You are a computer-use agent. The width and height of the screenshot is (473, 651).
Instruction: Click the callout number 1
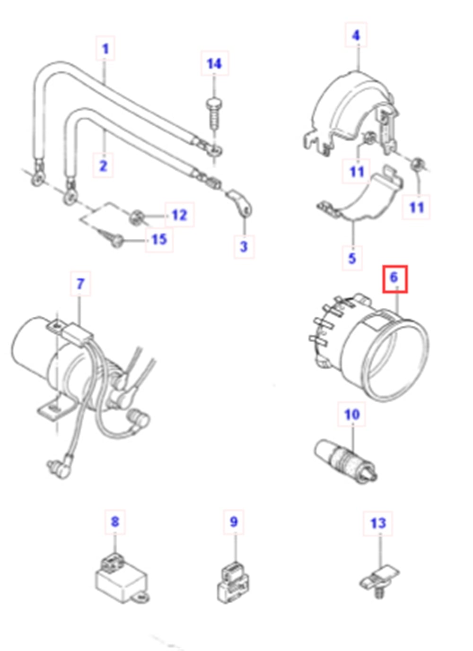pos(105,49)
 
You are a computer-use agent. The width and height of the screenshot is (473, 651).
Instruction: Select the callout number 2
pos(103,166)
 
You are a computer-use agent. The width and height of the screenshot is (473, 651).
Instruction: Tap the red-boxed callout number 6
pos(394,278)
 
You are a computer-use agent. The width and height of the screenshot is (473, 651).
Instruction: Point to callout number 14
pos(214,63)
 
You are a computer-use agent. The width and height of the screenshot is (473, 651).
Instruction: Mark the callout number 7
pos(80,284)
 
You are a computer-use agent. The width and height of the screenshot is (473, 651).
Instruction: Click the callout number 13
pos(378,523)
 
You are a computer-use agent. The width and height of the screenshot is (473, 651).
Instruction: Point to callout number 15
pos(159,239)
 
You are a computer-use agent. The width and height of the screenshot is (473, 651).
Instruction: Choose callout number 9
pos(234,522)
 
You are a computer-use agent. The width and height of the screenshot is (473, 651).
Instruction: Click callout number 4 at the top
pos(356,35)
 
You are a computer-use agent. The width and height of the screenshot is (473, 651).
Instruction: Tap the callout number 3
pos(244,246)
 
